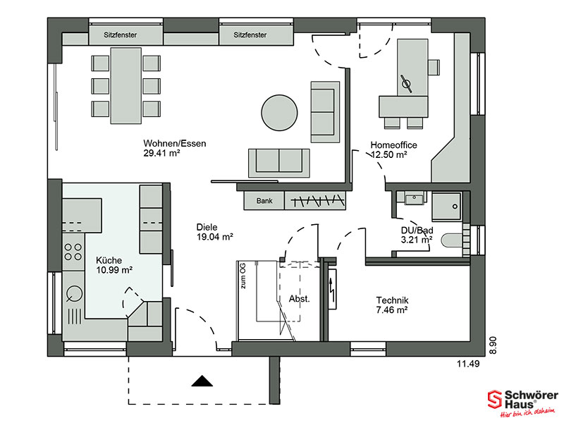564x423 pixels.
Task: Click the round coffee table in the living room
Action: click(279, 113)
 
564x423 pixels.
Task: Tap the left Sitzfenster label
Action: click(120, 35)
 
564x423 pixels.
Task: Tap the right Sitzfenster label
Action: click(250, 35)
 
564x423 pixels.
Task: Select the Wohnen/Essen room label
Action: click(175, 143)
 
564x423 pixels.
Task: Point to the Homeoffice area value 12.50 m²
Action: click(389, 154)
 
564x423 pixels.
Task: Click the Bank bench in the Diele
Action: click(264, 200)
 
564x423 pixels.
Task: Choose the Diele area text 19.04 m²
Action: click(215, 237)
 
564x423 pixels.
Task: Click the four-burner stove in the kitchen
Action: click(73, 252)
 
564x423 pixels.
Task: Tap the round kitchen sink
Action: click(75, 293)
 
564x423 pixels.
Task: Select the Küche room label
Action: click(109, 260)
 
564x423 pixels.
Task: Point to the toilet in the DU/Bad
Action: click(451, 240)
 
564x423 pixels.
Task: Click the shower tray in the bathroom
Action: click(446, 206)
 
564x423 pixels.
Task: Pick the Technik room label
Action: click(392, 300)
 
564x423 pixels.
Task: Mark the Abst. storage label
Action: click(299, 298)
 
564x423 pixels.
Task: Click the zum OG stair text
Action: click(243, 276)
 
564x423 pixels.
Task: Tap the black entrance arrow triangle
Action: click(202, 381)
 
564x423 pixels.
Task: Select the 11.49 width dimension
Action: click(468, 364)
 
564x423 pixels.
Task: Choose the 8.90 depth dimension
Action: click(492, 345)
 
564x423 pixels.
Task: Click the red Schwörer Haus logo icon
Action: click(495, 399)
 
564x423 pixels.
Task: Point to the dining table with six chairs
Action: click(125, 85)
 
